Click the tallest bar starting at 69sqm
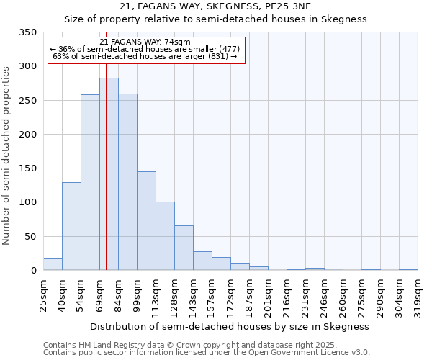109,174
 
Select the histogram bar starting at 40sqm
71,226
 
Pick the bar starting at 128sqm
184,248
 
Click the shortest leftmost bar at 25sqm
53,264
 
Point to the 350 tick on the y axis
27,32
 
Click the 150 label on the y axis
27,168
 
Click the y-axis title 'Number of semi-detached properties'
6,155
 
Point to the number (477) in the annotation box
228,49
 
